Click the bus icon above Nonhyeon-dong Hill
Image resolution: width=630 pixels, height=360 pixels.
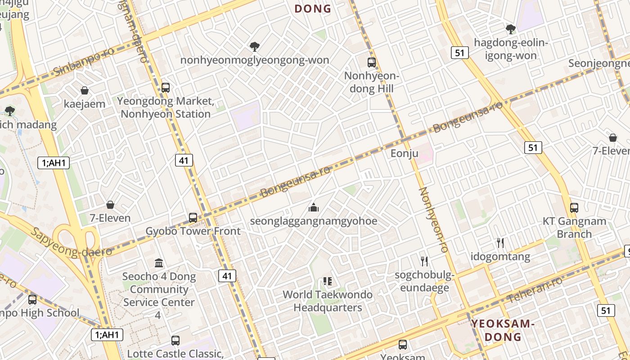[372, 63]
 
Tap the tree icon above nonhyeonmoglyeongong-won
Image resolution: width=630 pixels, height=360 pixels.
[255, 46]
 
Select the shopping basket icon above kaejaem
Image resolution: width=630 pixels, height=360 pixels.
[84, 90]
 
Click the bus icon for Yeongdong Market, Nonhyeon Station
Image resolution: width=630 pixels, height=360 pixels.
[166, 87]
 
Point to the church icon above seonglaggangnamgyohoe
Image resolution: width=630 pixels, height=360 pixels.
[314, 207]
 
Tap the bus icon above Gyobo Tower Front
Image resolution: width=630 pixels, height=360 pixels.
[193, 218]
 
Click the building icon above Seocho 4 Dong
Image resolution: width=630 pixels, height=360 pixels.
[159, 263]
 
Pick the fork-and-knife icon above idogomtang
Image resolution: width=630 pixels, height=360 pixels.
[500, 243]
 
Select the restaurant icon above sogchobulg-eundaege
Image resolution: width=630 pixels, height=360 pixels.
[424, 261]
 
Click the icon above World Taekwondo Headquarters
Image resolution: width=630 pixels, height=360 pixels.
[328, 282]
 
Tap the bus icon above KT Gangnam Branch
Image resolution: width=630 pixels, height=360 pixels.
[574, 208]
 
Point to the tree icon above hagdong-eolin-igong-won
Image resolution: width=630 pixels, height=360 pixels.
[511, 29]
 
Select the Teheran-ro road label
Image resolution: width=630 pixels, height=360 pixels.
[535, 290]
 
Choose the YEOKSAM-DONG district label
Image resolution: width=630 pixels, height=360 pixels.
[502, 330]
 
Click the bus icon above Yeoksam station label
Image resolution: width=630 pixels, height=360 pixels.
[403, 345]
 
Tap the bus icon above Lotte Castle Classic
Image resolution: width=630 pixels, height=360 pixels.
[175, 341]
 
